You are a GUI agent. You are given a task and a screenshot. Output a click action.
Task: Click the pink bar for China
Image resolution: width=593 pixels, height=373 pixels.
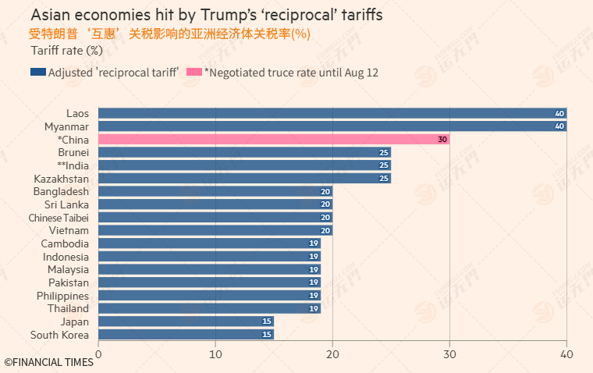coord(273,140)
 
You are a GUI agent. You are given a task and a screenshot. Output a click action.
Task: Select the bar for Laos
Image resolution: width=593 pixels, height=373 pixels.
coord(332,113)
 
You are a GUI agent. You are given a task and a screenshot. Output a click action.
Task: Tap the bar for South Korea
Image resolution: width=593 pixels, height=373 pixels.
coord(186,335)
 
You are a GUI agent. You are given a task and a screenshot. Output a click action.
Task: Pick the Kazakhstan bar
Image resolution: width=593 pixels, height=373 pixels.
coord(244,179)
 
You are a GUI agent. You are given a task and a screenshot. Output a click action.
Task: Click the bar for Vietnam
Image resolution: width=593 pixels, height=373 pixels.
coord(215,230)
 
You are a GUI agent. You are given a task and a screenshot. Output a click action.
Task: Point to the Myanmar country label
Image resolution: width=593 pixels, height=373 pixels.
coord(66,126)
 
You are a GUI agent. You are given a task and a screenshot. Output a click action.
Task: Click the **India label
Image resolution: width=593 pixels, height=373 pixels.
coord(73,165)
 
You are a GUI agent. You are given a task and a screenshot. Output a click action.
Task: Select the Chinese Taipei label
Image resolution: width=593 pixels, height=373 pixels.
coord(59,218)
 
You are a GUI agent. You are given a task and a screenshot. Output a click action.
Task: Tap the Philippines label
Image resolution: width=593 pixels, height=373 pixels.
coord(62,296)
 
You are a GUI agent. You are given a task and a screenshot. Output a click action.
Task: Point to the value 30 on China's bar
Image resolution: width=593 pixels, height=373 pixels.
coord(442,140)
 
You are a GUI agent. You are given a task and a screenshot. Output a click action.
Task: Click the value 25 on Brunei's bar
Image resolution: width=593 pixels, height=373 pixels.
coord(384,152)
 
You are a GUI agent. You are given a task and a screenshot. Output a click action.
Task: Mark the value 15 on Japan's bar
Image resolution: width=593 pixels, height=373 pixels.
coord(267,321)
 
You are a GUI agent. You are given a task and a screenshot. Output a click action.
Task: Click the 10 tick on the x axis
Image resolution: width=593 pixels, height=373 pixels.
coord(215,354)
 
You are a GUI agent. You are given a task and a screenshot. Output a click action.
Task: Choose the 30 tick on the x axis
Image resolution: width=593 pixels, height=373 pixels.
coord(449,354)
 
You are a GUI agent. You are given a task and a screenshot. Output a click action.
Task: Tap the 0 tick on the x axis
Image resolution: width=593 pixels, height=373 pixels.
coord(98,354)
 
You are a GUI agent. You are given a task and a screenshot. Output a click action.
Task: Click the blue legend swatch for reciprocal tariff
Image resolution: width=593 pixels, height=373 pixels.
coord(37,73)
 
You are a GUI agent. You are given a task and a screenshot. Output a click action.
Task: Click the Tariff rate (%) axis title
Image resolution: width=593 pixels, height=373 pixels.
coord(67,51)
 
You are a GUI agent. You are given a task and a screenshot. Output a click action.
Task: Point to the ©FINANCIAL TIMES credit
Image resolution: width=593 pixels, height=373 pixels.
coord(48,362)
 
